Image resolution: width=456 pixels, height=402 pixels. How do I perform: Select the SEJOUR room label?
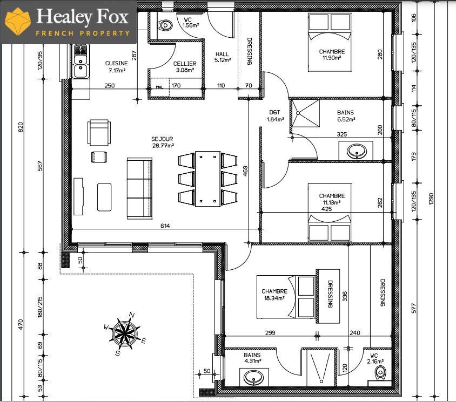163,142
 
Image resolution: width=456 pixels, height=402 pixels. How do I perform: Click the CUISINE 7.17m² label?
116,66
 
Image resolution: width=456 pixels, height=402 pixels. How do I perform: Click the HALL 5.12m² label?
223,57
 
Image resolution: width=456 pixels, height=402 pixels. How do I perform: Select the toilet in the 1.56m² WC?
164,25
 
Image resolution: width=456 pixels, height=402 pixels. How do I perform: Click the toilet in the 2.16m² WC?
381,372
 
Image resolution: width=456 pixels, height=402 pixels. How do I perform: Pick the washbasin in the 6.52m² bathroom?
356,152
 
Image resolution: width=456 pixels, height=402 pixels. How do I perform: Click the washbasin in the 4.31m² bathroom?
252,378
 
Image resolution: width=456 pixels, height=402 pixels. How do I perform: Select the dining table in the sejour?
208,179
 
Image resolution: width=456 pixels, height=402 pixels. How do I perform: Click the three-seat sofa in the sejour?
140,188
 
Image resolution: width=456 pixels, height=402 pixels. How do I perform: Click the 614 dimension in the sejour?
165,226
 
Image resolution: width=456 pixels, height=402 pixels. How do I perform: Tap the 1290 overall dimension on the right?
431,198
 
